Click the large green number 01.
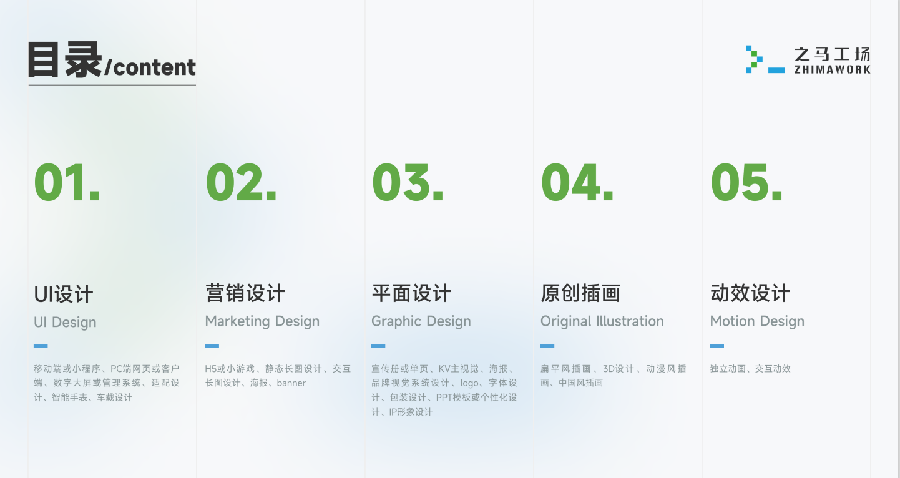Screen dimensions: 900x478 tap(67, 182)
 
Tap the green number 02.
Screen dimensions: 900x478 tap(241, 182)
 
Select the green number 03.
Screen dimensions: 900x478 tap(408, 182)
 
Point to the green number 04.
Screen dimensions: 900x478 tap(577, 182)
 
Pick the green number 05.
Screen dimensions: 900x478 tap(746, 182)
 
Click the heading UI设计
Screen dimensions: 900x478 tap(64, 294)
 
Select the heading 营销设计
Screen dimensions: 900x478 tap(245, 293)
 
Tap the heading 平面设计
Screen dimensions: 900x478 tap(411, 293)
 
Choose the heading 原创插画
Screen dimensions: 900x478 tap(580, 293)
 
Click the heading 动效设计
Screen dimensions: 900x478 tap(750, 293)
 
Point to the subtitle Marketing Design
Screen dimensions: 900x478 tap(262, 322)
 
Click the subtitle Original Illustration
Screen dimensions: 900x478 tap(602, 321)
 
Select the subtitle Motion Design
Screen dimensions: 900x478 tap(757, 322)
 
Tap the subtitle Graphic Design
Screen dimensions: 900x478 tap(421, 322)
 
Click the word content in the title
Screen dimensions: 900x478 tap(155, 67)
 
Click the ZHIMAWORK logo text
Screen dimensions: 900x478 tap(833, 69)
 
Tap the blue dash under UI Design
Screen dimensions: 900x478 tap(41, 346)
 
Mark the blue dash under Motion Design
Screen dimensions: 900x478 tap(717, 346)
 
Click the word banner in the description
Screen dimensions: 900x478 tap(291, 383)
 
